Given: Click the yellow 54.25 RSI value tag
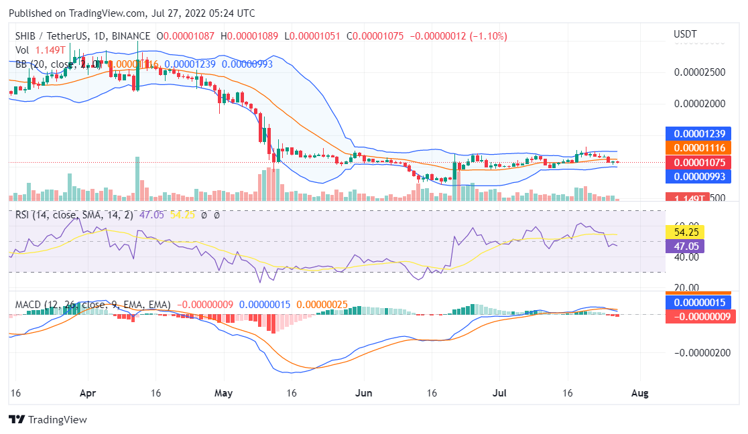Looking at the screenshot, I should [685, 232].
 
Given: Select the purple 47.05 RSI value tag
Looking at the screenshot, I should [685, 246].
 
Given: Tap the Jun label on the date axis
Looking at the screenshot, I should [364, 393].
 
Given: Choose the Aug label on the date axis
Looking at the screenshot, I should [640, 393].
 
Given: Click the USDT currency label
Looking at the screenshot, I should [685, 34].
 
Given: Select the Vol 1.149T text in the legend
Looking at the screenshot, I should [41, 50].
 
